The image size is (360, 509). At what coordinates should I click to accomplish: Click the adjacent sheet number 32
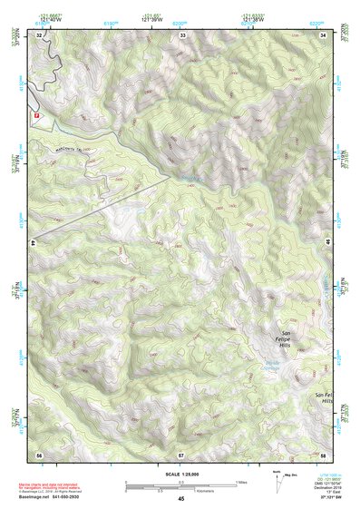click(x=39, y=34)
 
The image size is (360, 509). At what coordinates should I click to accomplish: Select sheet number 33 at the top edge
click(x=181, y=34)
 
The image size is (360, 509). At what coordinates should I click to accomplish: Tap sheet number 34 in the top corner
click(x=324, y=34)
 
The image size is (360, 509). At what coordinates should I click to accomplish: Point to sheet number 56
click(x=39, y=453)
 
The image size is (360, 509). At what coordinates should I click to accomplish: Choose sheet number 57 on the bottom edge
click(x=181, y=453)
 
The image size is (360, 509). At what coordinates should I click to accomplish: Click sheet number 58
click(x=324, y=453)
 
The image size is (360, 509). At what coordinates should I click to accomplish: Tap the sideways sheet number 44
click(x=33, y=243)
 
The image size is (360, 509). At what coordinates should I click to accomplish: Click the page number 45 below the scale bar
click(x=181, y=499)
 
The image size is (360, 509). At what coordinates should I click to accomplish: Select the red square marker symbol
click(x=37, y=116)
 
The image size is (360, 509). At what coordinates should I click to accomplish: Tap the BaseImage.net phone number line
click(x=50, y=492)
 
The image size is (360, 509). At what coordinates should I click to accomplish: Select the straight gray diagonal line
click(x=100, y=209)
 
